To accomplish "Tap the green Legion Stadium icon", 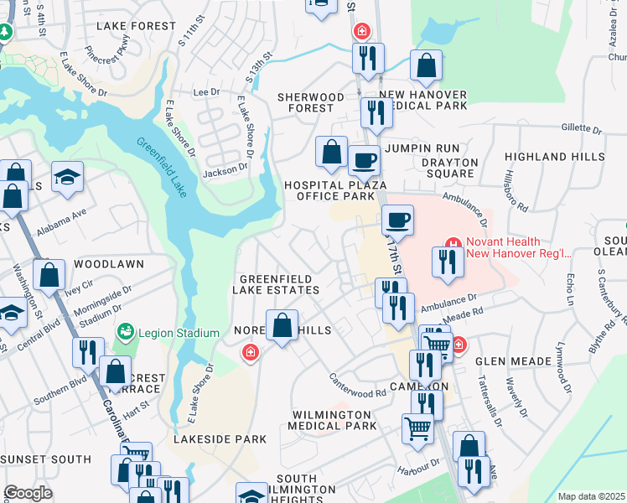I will coord(126,332).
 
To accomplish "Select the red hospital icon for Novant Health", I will coord(452,243).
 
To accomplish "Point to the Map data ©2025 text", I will coord(591,496).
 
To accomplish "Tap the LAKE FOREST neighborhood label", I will coord(127,26).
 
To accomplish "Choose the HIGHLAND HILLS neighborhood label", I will coord(553,157).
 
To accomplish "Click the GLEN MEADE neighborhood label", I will coord(514,361).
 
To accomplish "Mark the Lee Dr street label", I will coord(205,92).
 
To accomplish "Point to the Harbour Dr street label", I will coord(419,464).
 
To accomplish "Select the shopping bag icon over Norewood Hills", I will coord(282,325).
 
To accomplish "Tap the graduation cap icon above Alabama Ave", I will coord(67,178).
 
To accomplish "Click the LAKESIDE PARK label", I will coord(220,439).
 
